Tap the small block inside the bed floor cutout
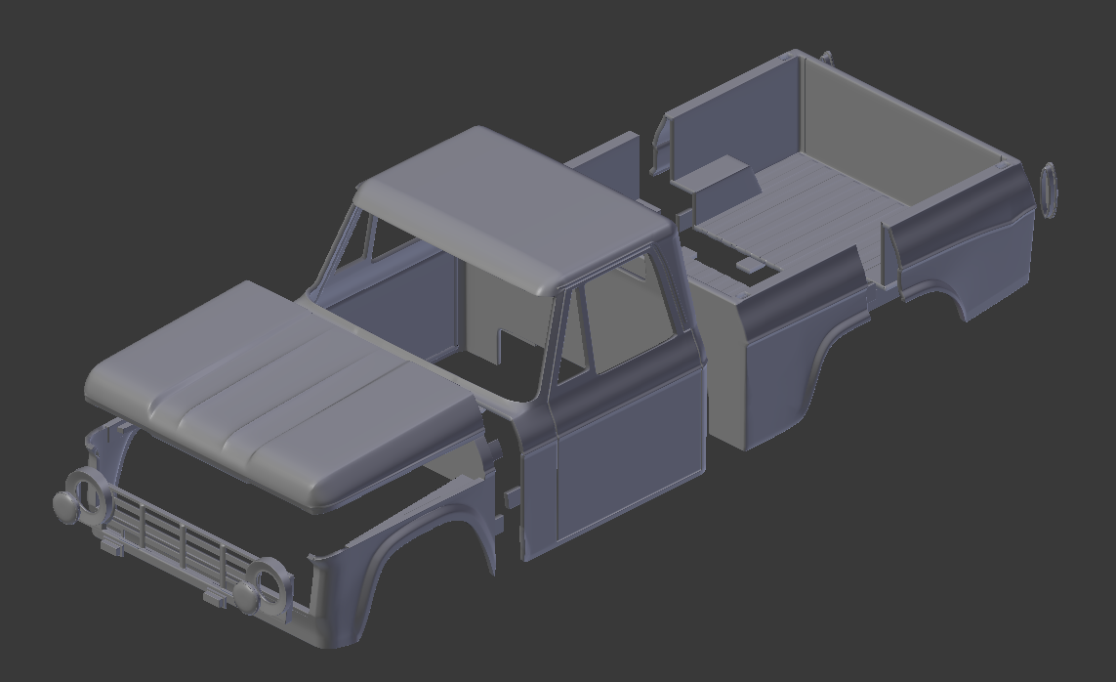click(748, 265)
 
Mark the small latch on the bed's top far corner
click(826, 58)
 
